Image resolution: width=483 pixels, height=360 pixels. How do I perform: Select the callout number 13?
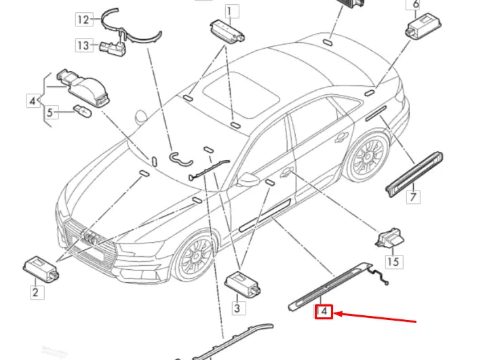point(83,45)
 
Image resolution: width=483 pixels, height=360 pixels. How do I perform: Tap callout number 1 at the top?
point(232,10)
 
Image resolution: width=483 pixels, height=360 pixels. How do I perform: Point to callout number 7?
point(413,197)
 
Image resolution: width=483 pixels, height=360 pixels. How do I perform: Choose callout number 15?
point(393,261)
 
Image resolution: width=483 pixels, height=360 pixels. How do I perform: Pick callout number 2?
point(35,293)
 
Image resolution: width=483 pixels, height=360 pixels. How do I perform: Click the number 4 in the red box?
point(324,312)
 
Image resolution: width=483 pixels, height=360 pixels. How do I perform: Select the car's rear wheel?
point(367,157)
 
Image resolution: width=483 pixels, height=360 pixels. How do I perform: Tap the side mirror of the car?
point(249,180)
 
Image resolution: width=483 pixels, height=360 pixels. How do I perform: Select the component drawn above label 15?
point(389,238)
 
